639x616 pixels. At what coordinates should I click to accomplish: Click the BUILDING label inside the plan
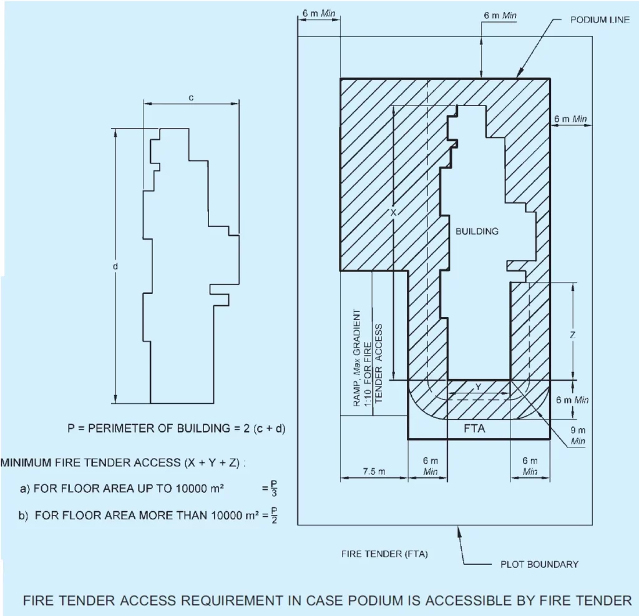477,231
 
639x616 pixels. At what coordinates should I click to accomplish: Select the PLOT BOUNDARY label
539,564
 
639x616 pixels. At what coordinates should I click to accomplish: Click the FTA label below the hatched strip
475,429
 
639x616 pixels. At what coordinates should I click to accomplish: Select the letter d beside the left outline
115,266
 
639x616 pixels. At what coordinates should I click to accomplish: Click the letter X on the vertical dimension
393,213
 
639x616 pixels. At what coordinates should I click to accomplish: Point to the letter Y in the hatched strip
478,387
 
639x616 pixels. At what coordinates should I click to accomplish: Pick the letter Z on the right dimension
572,335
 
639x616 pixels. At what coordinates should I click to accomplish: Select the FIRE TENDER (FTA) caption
384,554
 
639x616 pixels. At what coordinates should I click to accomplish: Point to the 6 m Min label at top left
318,14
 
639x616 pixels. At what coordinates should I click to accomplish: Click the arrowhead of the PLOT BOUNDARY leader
461,529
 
